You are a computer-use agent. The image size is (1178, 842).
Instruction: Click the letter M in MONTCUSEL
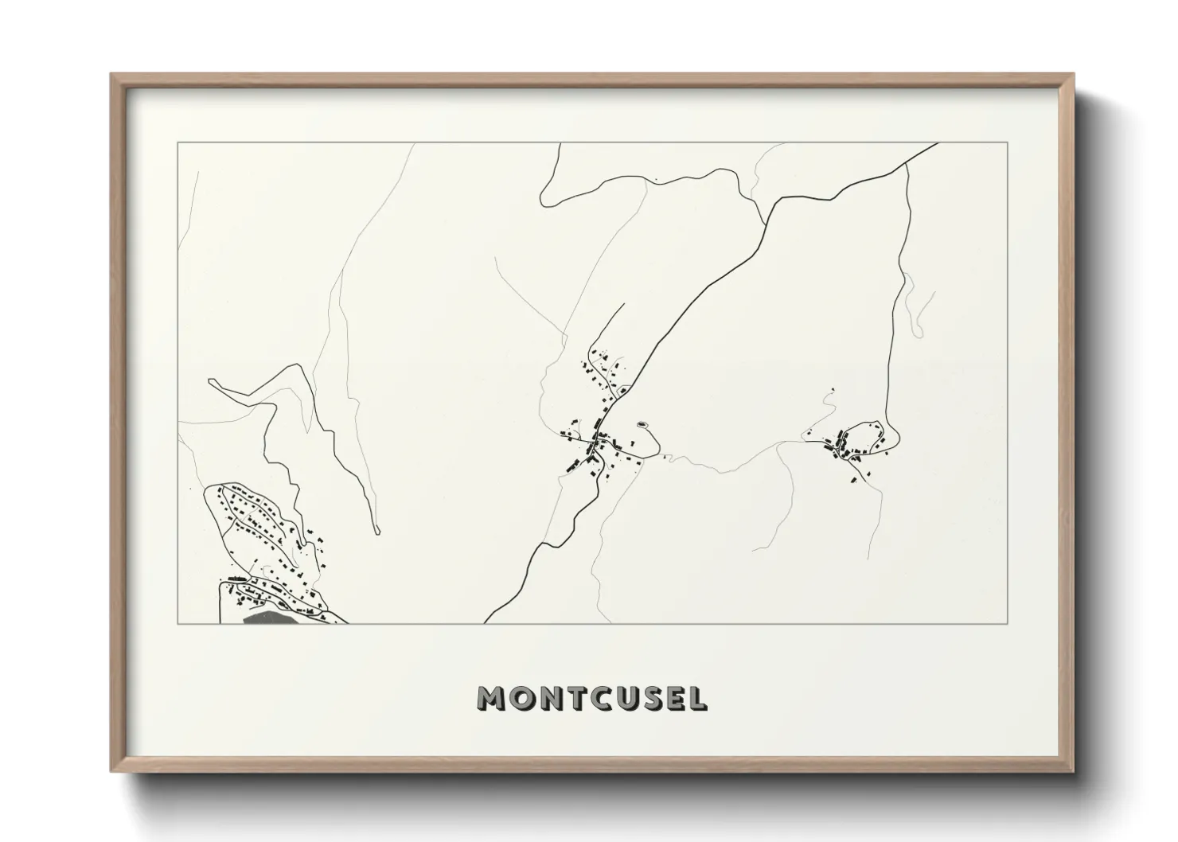click(491, 699)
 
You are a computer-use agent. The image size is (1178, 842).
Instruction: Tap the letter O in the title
click(521, 699)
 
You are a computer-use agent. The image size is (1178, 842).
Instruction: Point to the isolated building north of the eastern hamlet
click(833, 389)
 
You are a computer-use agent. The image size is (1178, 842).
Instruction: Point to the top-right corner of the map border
click(1008, 143)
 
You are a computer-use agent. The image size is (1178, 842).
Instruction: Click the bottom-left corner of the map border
click(177, 623)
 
